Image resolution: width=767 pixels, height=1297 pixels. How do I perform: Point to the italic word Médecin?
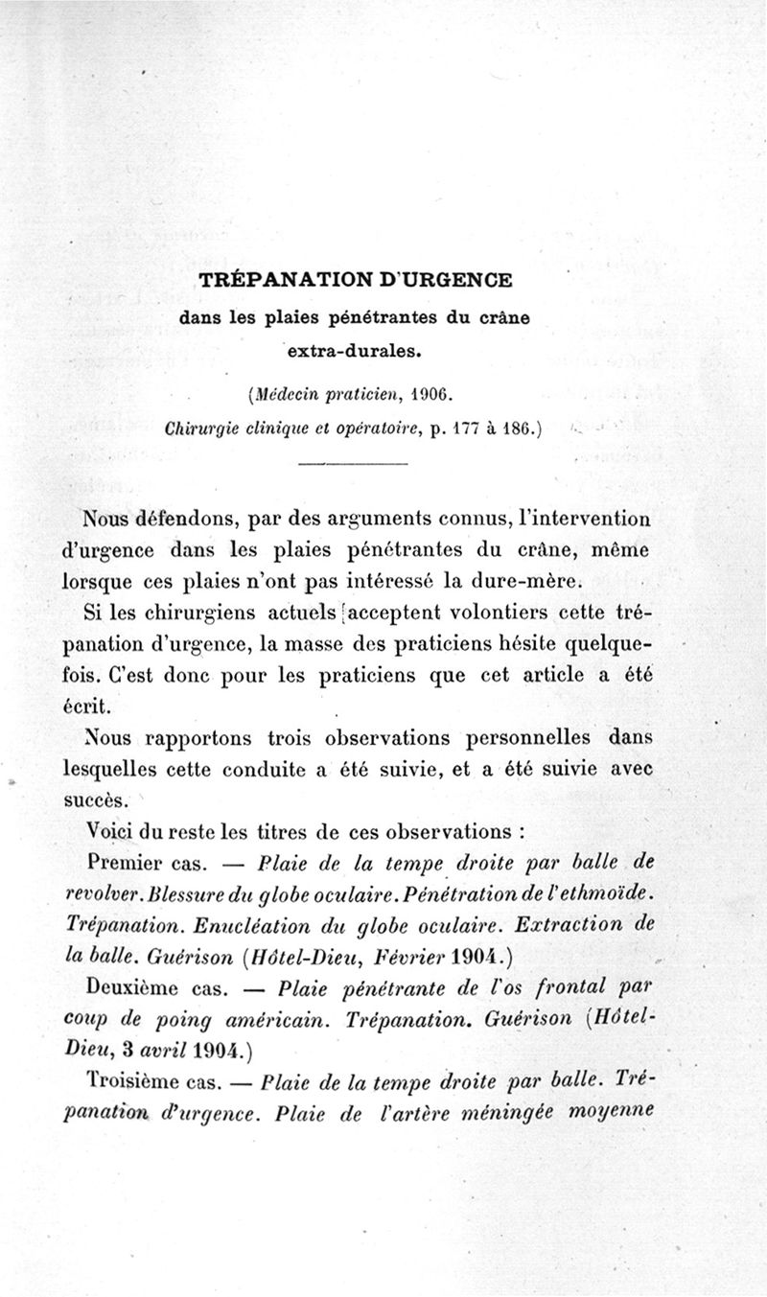tap(291, 393)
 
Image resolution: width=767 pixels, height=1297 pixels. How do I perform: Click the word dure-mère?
tap(538, 582)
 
